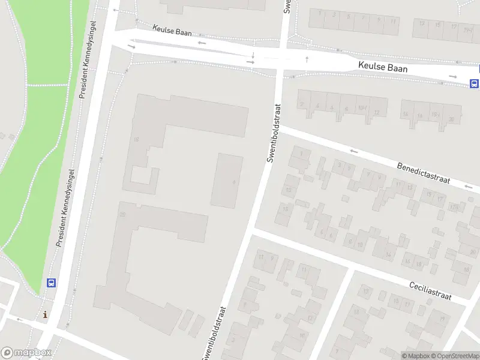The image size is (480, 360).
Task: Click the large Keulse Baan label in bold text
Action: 383,68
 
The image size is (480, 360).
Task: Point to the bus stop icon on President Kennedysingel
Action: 52,283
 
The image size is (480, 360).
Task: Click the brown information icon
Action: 45,314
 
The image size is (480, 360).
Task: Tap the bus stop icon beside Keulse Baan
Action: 474,83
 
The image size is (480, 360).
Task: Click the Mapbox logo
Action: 26,353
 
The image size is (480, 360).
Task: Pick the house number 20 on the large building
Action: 122,214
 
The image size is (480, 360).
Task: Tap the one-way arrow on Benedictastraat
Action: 354,151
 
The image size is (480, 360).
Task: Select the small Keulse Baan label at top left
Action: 172,30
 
